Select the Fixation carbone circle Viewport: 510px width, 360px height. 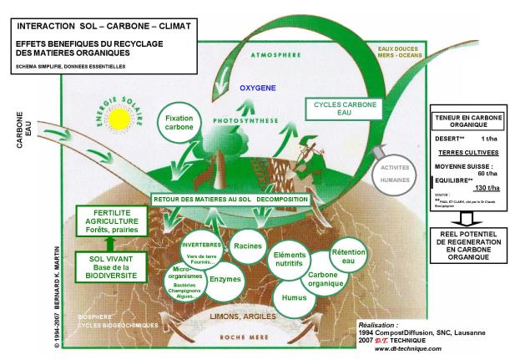point(179,124)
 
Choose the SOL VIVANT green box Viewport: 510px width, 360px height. point(109,266)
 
